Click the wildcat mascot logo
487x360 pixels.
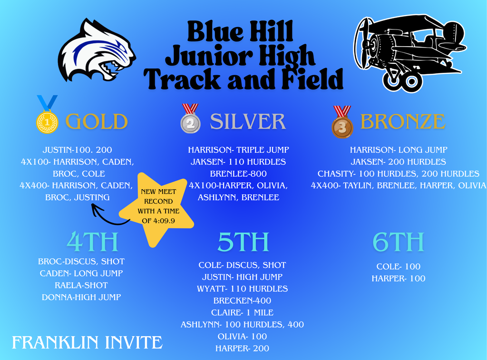click(97, 50)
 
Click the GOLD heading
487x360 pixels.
click(97, 122)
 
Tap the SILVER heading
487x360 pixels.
click(248, 122)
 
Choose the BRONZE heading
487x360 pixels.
click(403, 122)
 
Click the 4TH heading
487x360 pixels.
click(92, 242)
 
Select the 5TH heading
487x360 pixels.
click(243, 242)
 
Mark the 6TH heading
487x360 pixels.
click(398, 242)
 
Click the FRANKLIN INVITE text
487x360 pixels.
click(87, 342)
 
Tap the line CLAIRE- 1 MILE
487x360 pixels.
click(242, 312)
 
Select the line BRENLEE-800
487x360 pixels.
click(238, 174)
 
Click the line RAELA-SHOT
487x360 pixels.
click(81, 285)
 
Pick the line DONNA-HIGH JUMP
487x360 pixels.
click(81, 297)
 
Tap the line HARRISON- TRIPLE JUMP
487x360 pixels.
click(238, 150)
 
